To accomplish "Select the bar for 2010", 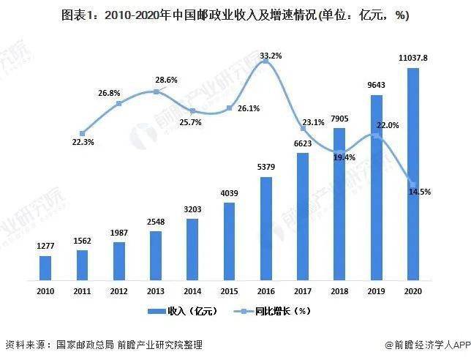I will (45, 268).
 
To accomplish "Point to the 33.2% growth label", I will (270, 56).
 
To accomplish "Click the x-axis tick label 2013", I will (156, 290).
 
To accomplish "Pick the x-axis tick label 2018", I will (339, 290).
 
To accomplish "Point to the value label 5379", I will (266, 168).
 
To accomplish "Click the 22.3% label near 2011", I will (83, 141).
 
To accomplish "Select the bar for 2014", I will (192, 250).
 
